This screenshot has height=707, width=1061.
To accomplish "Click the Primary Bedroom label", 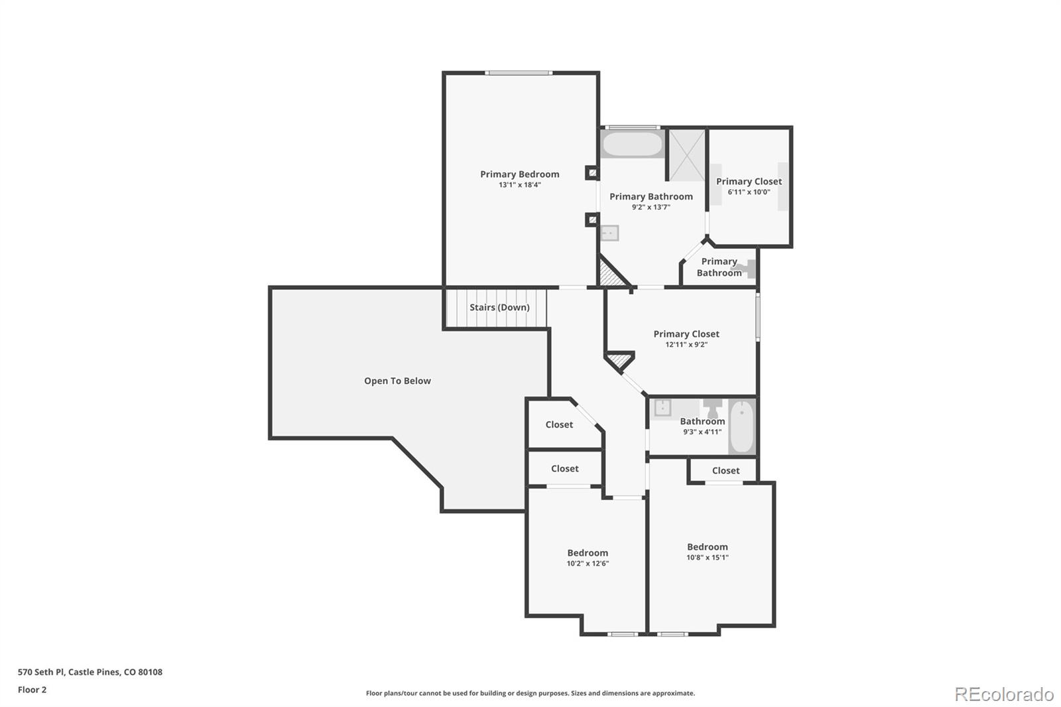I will [x=519, y=174].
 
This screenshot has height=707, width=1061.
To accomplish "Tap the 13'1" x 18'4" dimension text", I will [x=519, y=185].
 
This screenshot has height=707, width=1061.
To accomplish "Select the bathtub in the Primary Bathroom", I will [x=632, y=144].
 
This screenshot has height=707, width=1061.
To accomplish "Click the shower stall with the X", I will [x=686, y=155].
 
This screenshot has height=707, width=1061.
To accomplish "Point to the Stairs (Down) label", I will [x=499, y=307].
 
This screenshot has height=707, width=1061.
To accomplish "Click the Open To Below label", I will [x=397, y=381].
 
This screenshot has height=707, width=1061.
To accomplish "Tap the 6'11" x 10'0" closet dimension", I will [x=749, y=192].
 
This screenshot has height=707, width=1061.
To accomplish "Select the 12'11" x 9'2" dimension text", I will [x=686, y=345].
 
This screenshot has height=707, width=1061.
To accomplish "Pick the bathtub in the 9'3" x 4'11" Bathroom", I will [x=741, y=426].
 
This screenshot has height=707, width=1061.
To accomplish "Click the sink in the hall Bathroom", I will [x=662, y=408].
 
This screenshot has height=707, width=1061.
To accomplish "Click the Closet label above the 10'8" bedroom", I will [x=725, y=470].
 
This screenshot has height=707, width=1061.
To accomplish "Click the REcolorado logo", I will [x=1003, y=694].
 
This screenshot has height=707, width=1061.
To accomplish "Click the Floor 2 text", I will [x=32, y=690].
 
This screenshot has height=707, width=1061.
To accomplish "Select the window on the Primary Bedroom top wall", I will [x=519, y=73].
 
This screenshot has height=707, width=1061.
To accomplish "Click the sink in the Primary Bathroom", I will [x=609, y=233].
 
